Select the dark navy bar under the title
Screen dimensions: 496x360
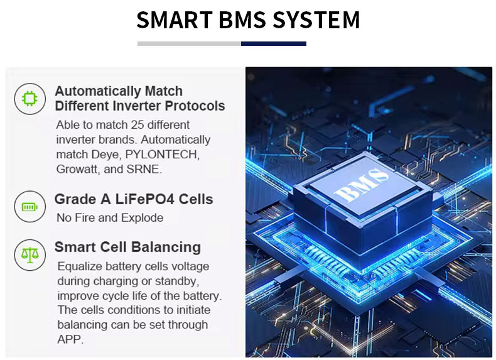pos(273,43)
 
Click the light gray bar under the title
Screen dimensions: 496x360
pos(189,43)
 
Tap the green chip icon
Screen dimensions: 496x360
pos(30,99)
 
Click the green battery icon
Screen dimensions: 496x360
pos(30,206)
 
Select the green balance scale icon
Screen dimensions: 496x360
pos(30,254)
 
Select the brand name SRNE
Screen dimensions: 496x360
pos(146,169)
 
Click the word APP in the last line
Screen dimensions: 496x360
pos(70,339)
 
